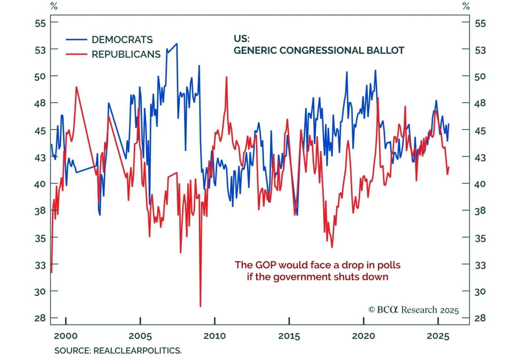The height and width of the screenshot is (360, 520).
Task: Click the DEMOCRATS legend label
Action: (122, 40)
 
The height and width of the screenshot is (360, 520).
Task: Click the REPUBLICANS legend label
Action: (126, 54)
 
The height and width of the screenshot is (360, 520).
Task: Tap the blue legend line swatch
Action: (76, 40)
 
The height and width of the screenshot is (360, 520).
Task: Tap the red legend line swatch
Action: (76, 54)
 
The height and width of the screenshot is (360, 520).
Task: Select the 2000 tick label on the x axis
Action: (66, 336)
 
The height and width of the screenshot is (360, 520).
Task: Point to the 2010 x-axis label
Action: (214, 336)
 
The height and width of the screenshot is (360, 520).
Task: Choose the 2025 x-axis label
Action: (438, 336)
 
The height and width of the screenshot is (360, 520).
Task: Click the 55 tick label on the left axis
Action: (40, 23)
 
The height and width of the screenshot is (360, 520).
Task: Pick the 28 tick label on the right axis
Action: (480, 318)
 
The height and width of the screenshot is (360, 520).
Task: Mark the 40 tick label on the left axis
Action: (40, 184)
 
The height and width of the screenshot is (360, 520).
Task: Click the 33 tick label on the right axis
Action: (480, 265)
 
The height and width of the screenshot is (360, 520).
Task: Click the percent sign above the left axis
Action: (54, 6)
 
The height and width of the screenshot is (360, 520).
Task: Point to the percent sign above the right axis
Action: (466, 6)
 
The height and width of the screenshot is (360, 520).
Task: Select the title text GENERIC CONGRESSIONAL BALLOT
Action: (319, 51)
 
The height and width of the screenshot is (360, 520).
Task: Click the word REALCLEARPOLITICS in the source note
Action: (137, 351)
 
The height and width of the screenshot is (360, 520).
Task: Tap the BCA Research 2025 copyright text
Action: (413, 310)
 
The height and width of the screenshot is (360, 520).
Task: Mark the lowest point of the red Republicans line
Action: (201, 306)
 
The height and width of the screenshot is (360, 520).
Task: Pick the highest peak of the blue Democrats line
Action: (176, 44)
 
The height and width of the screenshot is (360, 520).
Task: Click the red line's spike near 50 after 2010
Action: (227, 77)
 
